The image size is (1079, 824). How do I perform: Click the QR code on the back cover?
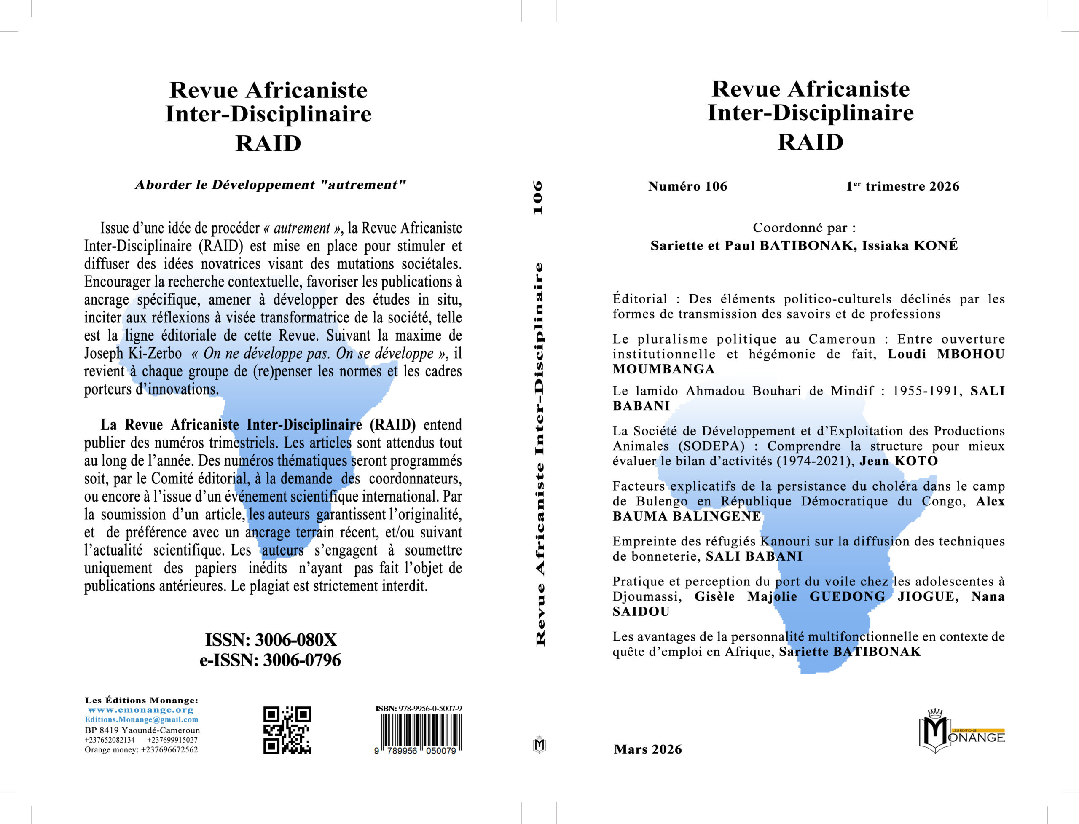287,730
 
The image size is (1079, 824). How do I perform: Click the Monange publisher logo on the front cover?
961,731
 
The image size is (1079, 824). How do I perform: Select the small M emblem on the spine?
539,745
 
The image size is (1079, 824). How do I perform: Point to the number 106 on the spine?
539,197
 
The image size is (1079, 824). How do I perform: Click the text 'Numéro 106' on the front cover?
687,186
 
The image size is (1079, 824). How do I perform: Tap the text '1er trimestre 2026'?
902,186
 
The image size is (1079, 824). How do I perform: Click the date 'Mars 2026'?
647,749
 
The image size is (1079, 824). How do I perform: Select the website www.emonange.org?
141,710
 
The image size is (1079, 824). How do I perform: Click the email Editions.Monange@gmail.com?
141,719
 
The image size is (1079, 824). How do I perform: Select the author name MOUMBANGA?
663,369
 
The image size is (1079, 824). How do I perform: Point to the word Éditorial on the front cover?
639,299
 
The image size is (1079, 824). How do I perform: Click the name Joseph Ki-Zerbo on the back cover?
133,353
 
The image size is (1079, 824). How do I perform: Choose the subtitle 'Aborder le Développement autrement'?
270,185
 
